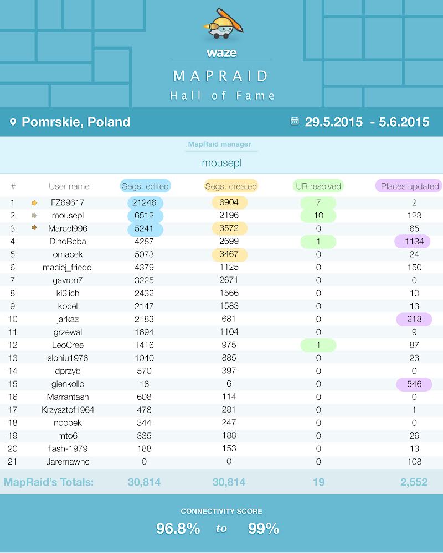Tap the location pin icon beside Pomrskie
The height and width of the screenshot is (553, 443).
click(x=13, y=122)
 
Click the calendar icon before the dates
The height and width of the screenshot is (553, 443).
click(x=295, y=121)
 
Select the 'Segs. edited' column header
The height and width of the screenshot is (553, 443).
click(x=145, y=186)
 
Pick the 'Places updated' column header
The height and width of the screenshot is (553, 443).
click(x=409, y=186)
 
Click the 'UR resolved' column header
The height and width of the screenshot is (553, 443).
click(x=318, y=186)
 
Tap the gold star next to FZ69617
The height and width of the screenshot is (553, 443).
click(x=34, y=203)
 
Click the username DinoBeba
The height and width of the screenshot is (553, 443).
click(x=68, y=241)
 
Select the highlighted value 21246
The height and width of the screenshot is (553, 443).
click(x=145, y=203)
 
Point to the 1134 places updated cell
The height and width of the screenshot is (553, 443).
click(x=413, y=241)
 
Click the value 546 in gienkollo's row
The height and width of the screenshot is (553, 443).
click(x=413, y=384)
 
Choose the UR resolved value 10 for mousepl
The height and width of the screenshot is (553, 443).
click(x=318, y=216)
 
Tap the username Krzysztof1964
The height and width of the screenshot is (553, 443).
click(x=68, y=410)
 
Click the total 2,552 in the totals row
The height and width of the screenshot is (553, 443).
click(x=414, y=482)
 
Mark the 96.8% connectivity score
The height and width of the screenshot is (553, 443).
click(x=178, y=529)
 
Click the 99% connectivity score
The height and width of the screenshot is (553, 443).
click(x=264, y=529)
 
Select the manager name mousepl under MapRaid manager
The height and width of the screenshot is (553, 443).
click(x=221, y=163)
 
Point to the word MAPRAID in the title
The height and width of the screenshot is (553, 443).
click(x=221, y=76)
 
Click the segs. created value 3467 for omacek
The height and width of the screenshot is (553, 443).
click(x=229, y=254)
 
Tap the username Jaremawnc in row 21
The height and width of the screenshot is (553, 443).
click(x=68, y=461)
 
